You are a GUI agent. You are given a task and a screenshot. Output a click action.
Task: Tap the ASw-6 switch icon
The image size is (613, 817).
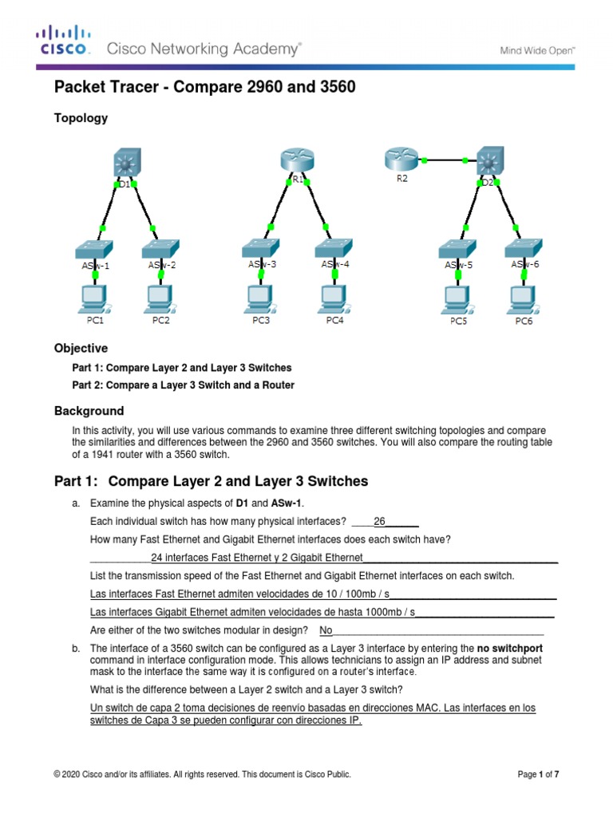click(x=524, y=248)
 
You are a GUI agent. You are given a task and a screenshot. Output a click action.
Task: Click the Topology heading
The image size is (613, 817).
click(x=81, y=118)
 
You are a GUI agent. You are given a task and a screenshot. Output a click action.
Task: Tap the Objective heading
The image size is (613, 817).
click(x=81, y=349)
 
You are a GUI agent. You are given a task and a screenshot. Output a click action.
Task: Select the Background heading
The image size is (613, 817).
click(x=89, y=411)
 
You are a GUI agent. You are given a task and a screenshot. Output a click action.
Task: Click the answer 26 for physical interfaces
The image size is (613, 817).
click(x=380, y=522)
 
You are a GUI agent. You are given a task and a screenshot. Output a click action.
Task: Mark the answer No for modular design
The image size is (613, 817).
click(x=326, y=630)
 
